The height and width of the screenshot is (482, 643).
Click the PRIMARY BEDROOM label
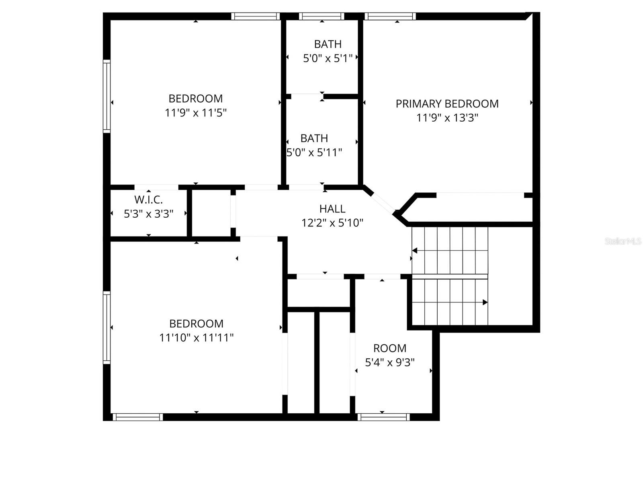pos(447,104)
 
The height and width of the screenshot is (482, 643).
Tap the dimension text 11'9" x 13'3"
pos(447,118)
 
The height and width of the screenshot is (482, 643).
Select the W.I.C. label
pos(148,200)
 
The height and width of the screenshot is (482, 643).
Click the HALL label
pos(332,209)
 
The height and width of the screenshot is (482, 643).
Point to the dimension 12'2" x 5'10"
pos(332,223)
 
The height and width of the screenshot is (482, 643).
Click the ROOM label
pos(389,348)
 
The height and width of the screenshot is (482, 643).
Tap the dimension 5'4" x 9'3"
pos(389,362)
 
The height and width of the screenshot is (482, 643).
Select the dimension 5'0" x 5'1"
pos(328,59)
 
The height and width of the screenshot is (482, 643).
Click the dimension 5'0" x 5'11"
pos(314,153)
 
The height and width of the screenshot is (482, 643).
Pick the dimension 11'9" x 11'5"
pos(196,113)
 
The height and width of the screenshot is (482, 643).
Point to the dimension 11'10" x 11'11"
pos(196,338)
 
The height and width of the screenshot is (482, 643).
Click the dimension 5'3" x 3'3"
pos(148,214)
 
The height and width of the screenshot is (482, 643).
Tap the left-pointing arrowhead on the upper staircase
pos(415,251)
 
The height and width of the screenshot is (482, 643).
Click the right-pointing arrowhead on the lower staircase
pos(485,302)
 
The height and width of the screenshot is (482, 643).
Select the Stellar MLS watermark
pos(623,241)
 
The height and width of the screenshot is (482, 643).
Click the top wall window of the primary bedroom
pos(390,16)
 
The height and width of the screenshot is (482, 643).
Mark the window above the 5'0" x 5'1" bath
pos(321,16)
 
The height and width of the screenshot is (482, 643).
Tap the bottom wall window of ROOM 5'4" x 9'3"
pos(383,417)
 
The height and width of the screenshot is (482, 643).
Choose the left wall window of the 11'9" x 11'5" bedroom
pos(106,96)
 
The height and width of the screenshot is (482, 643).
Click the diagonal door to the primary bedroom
pos(382,202)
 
